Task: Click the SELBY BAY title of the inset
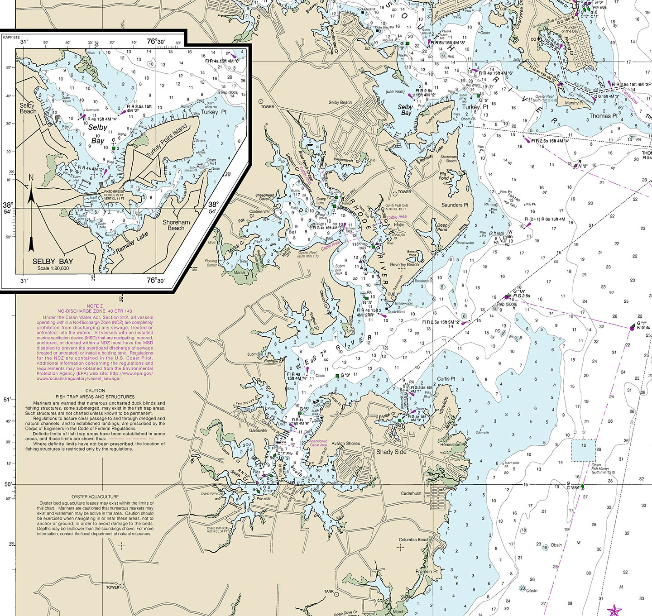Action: [x=53, y=262]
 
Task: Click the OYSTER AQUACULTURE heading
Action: [x=95, y=497]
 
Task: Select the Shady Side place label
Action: [x=391, y=452]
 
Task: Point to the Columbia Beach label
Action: [x=414, y=540]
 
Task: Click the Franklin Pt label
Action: [x=427, y=572]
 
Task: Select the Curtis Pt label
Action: [x=446, y=379]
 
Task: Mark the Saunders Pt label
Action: [x=455, y=205]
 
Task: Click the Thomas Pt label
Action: [x=603, y=116]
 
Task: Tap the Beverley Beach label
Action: [x=404, y=265]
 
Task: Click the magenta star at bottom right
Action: [x=614, y=610]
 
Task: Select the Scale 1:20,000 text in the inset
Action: [x=53, y=268]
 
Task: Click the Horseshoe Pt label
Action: [x=453, y=444]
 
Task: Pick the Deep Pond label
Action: [x=442, y=227]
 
